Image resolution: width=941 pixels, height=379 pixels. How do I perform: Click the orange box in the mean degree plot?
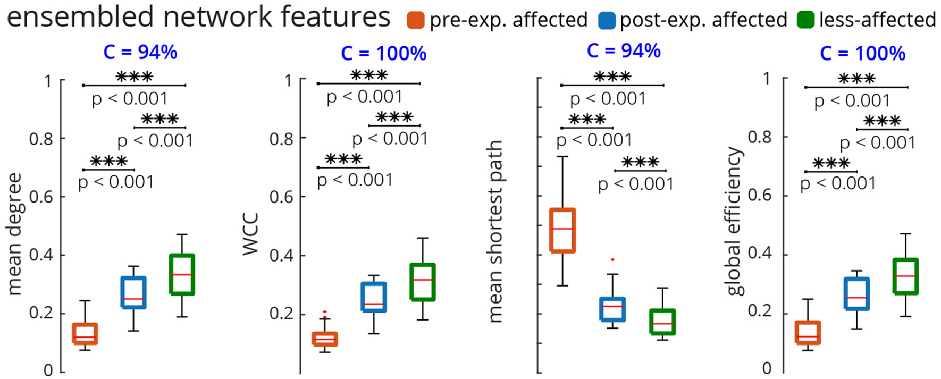click(85, 333)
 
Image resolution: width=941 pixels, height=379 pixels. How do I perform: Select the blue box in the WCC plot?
click(374, 297)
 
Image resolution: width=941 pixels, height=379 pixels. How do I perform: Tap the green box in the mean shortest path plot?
click(662, 322)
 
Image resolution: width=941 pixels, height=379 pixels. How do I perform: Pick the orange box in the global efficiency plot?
click(808, 333)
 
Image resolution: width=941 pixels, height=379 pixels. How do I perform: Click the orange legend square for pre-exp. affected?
click(416, 20)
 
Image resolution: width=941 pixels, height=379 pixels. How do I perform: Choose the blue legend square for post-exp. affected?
click(607, 20)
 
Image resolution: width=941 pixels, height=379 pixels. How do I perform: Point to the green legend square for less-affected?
click(806, 20)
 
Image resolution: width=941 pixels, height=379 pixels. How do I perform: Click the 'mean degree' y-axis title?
click(14, 234)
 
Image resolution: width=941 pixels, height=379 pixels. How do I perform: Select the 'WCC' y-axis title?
click(250, 234)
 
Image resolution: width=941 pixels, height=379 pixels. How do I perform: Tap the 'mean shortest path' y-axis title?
click(494, 231)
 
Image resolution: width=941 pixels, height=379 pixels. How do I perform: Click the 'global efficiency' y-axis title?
click(734, 221)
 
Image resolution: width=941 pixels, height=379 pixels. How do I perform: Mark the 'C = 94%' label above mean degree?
click(140, 52)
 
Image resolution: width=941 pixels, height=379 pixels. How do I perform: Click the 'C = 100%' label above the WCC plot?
click(383, 54)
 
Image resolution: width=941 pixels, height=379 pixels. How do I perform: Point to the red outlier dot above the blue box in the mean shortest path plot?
click(612, 259)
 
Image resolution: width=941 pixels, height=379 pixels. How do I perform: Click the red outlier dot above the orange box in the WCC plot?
click(325, 312)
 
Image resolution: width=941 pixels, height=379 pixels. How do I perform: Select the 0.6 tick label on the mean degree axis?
click(40, 197)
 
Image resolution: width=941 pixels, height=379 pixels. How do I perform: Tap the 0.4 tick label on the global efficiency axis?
click(759, 253)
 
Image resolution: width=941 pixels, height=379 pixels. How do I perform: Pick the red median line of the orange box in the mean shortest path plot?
click(562, 229)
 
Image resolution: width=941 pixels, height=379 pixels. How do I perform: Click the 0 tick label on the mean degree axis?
click(48, 370)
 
